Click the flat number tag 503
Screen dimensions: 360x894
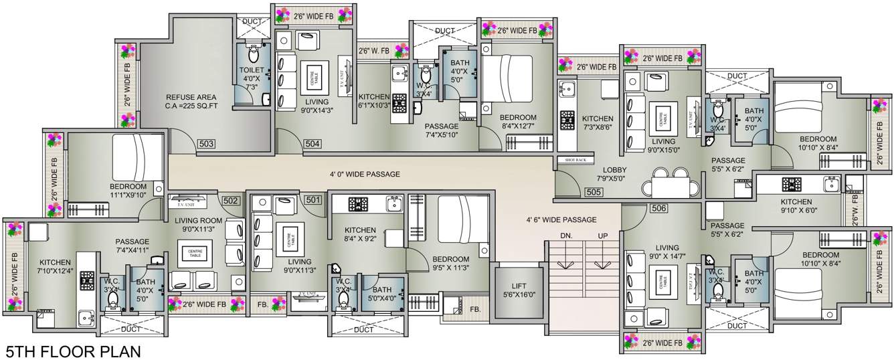[x=206, y=144]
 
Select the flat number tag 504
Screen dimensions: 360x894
[x=312, y=144]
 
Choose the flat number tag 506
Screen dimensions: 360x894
[x=658, y=209]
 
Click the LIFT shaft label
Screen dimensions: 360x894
[x=515, y=289]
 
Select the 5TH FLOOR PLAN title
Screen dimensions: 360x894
[x=73, y=351]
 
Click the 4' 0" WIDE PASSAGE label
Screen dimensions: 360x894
[x=365, y=174]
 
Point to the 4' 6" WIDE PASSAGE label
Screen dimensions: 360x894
[x=561, y=219]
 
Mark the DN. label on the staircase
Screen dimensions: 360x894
[x=565, y=236]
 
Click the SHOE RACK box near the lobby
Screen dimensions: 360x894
[x=575, y=160]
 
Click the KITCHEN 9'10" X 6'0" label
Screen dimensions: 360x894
[x=796, y=205]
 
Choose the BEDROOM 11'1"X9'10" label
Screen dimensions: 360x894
[x=128, y=191]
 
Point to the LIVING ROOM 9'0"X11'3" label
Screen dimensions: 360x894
[x=198, y=224]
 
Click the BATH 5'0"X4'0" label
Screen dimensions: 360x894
[x=382, y=294]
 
